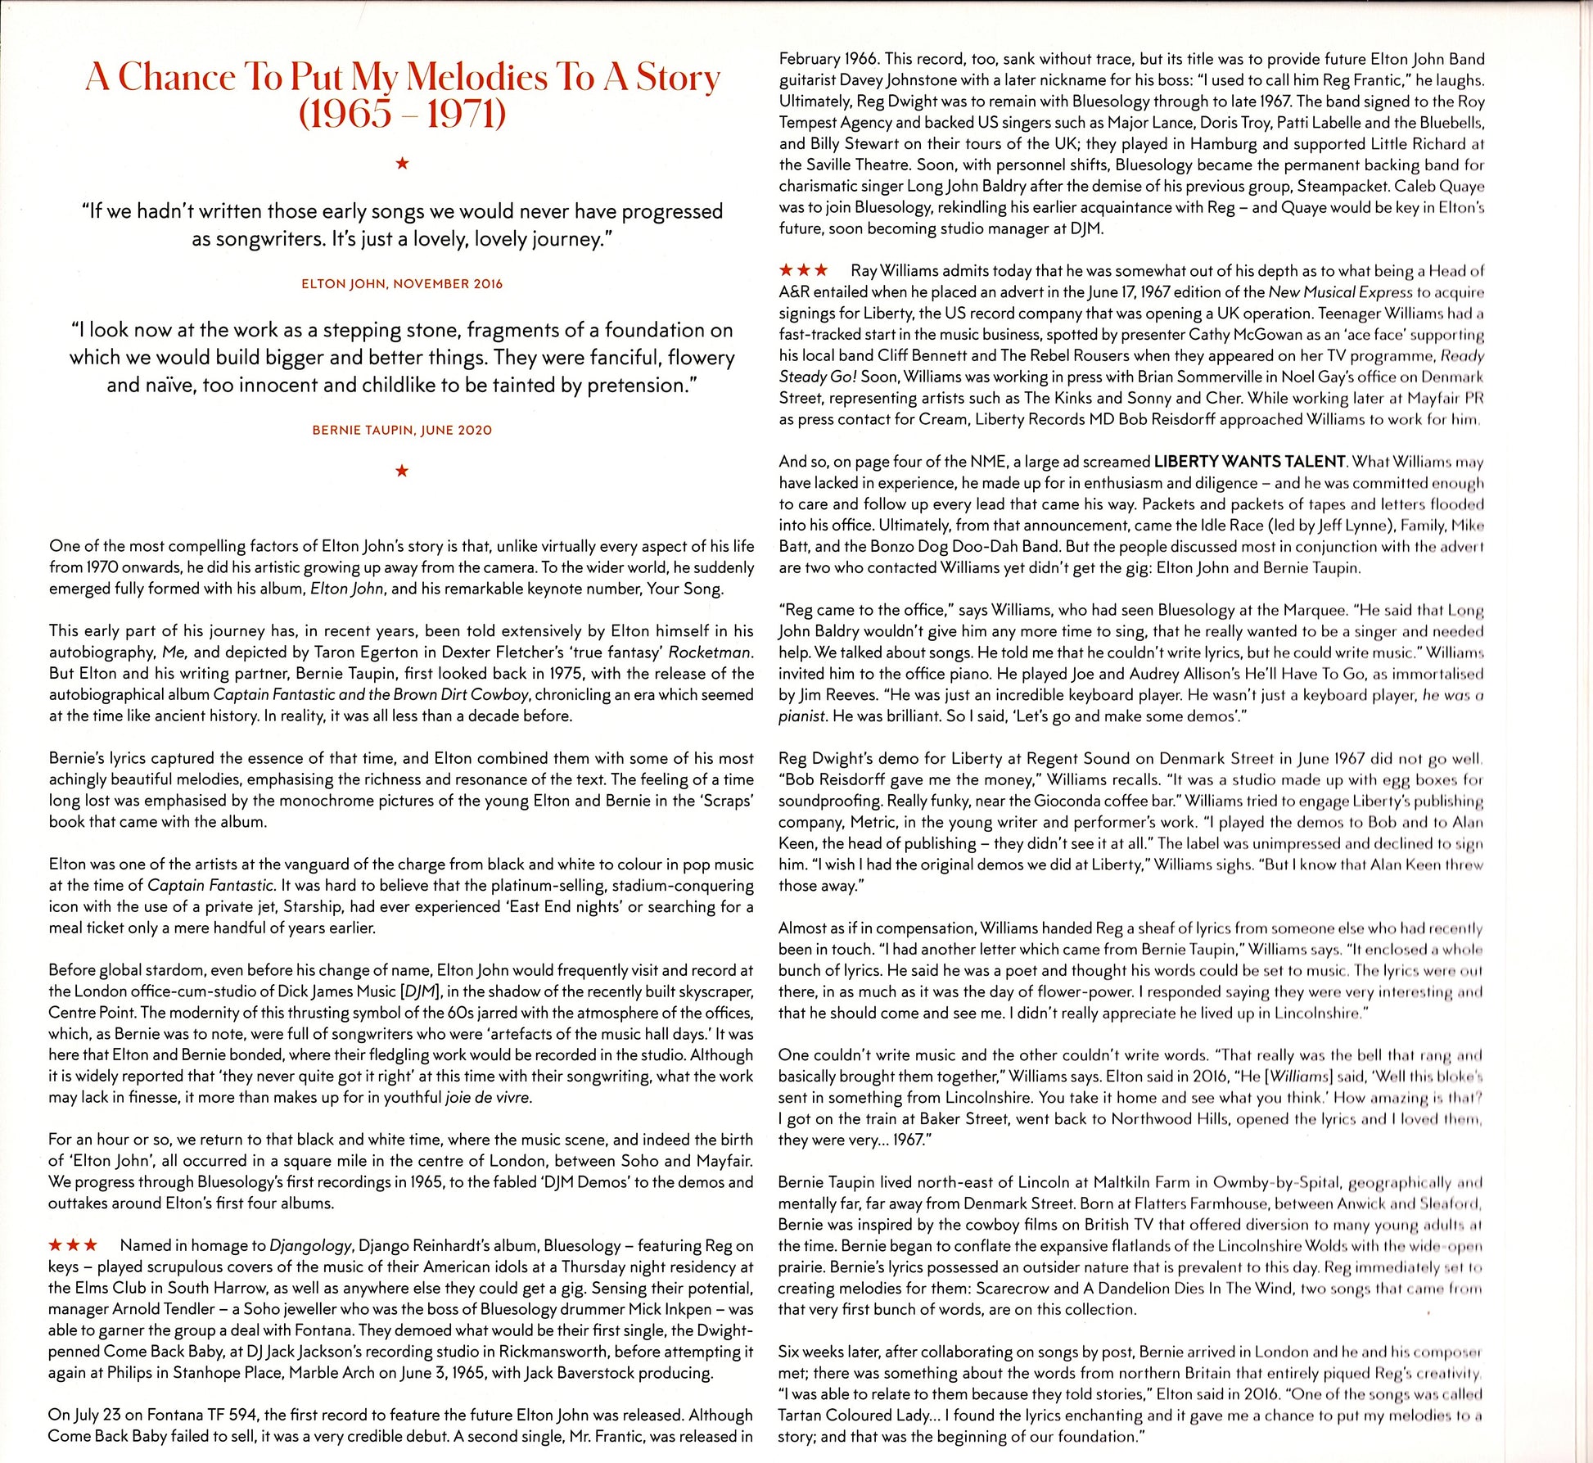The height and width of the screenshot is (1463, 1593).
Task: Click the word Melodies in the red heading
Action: [477, 78]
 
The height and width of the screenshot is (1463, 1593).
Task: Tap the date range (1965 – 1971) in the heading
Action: [402, 115]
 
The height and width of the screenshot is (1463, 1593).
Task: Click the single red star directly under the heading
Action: [402, 164]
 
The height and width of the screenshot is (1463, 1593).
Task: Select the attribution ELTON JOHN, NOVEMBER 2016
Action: [402, 284]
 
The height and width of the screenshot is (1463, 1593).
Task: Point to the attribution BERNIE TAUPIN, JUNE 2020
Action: [402, 430]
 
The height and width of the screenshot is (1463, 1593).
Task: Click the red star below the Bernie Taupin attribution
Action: [402, 471]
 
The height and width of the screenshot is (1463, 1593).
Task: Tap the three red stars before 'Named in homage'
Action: [73, 1245]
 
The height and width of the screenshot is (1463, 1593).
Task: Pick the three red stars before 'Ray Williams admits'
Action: [803, 270]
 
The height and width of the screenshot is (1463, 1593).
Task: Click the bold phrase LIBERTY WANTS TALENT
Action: [1249, 462]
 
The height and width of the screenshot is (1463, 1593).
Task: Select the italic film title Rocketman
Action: [710, 652]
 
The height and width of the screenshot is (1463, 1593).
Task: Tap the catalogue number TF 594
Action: [228, 1415]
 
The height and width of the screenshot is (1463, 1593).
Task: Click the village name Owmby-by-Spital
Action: [1275, 1182]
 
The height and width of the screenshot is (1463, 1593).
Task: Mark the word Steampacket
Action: [1338, 186]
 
